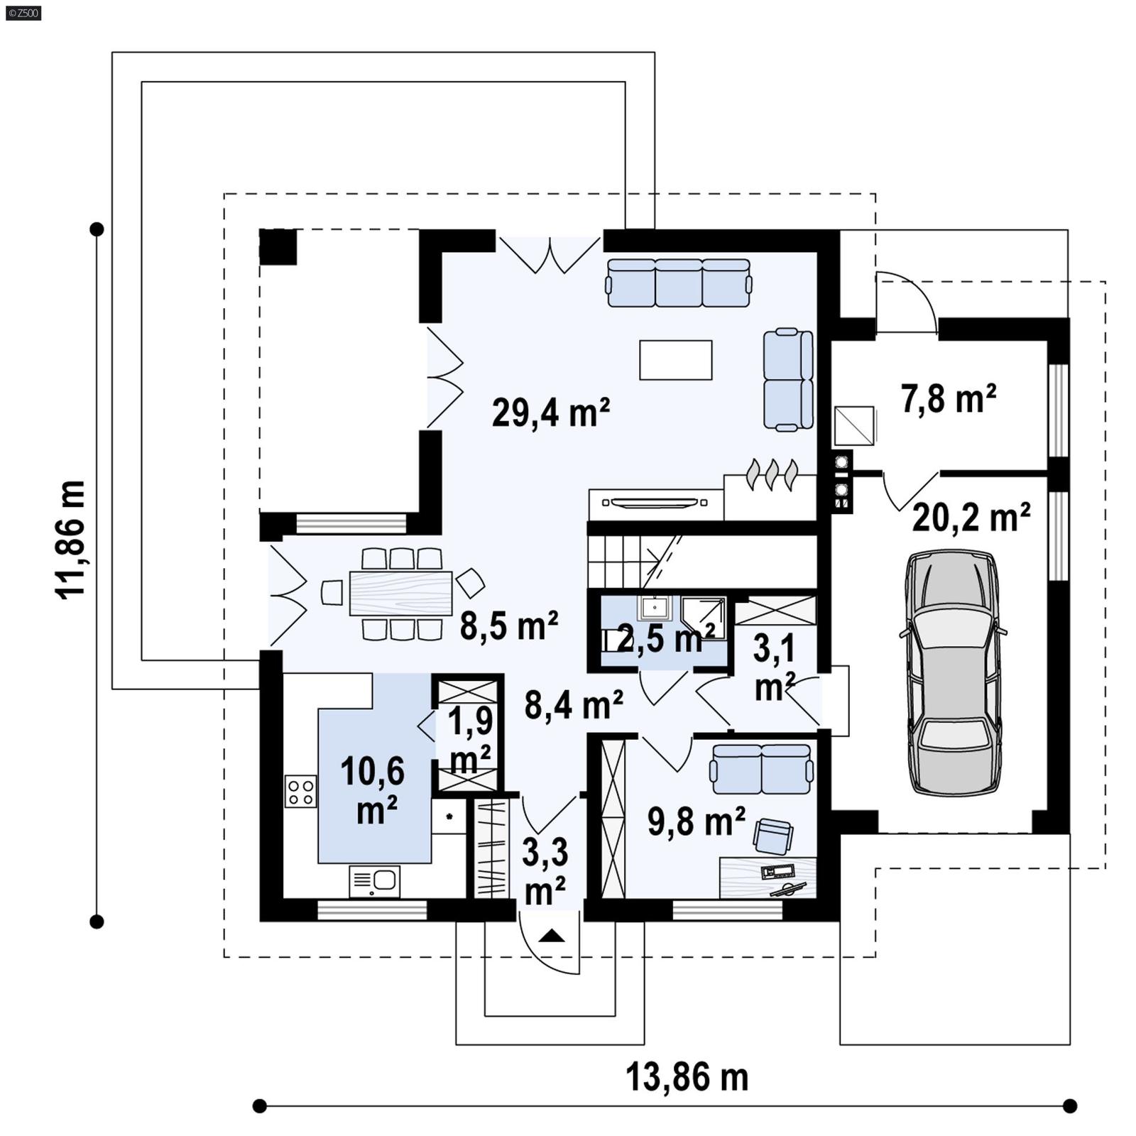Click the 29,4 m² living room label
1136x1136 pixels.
click(550, 412)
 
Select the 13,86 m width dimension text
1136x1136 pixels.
click(687, 1077)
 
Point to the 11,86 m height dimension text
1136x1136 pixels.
click(71, 540)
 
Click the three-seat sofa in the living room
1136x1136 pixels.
click(679, 283)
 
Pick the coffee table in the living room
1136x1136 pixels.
click(675, 360)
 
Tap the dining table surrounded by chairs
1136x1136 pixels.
click(400, 593)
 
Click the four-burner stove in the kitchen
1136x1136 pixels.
click(300, 792)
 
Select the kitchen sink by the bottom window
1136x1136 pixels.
click(374, 881)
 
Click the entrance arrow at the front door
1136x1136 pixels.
click(552, 936)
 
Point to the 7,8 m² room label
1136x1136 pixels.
click(948, 399)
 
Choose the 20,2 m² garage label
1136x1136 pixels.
click(971, 518)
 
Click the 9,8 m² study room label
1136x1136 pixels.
click(696, 821)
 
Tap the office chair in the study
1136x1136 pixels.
click(772, 836)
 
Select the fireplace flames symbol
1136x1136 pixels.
click(772, 474)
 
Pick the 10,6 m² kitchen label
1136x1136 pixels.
click(373, 790)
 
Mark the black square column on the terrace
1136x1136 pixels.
click(278, 247)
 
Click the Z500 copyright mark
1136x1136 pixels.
click(23, 12)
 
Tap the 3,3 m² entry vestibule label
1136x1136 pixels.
click(545, 871)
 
